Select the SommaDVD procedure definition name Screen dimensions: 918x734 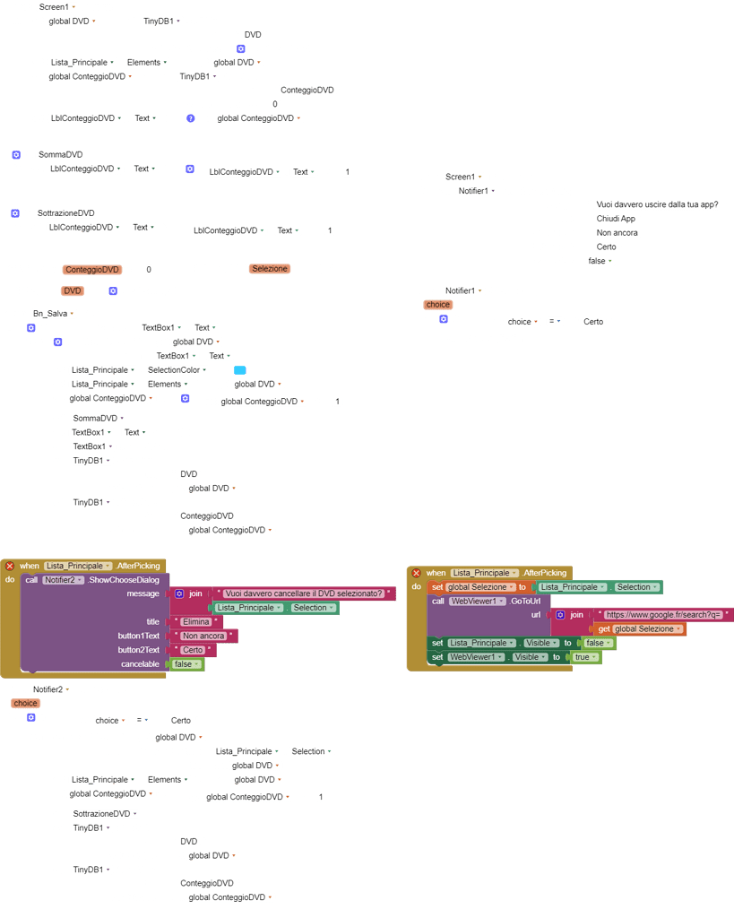[x=61, y=154]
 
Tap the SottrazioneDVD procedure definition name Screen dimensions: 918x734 [x=66, y=213]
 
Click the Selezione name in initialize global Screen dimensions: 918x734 [x=270, y=269]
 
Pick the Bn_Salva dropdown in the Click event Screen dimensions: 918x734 [x=54, y=314]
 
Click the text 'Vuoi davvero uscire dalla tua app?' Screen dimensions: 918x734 [x=658, y=204]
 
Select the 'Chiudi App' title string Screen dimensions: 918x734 [x=616, y=219]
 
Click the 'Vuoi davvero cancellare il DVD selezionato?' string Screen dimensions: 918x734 [x=304, y=593]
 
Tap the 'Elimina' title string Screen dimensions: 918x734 [x=196, y=621]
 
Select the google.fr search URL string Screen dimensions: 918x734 [x=663, y=615]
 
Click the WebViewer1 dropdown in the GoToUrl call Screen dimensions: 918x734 [x=478, y=601]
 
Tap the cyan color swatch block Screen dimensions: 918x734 [x=239, y=370]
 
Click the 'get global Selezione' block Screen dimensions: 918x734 [x=640, y=629]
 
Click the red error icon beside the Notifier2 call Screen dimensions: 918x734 [x=10, y=566]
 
